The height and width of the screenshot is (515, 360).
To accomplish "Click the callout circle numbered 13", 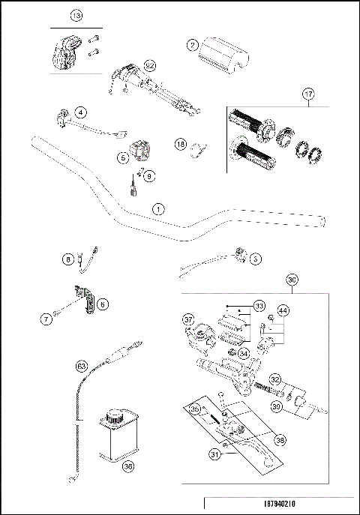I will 76,16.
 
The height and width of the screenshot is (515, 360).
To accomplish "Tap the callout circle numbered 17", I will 307,94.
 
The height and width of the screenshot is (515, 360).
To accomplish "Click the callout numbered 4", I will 80,112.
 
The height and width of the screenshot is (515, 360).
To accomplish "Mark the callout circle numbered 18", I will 180,144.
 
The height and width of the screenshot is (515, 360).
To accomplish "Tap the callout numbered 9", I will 148,176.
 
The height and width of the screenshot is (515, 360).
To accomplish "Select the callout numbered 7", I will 46,319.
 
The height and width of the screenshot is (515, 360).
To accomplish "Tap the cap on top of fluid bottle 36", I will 115,414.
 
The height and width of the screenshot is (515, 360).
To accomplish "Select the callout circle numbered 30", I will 292,280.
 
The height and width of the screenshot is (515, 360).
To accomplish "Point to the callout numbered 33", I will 259,306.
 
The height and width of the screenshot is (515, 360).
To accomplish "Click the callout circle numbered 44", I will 283,310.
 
